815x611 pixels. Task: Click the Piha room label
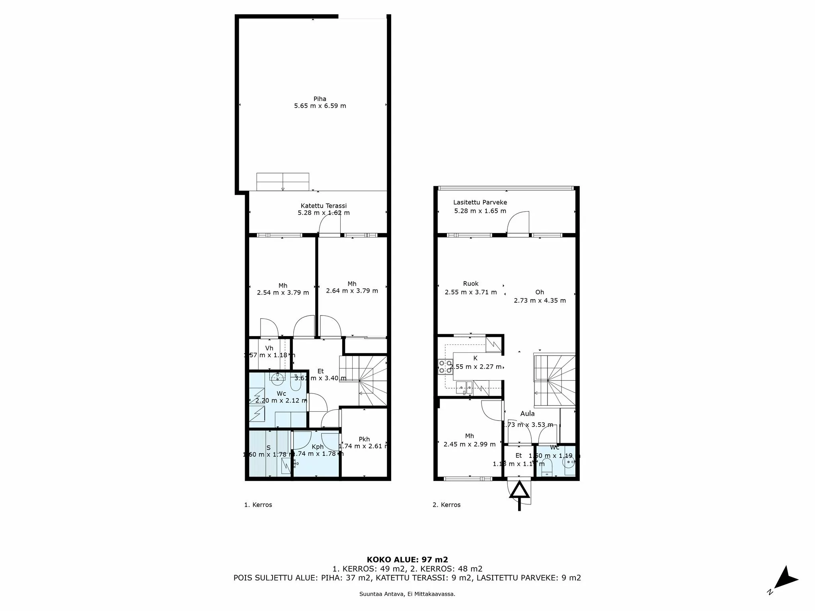coord(320,99)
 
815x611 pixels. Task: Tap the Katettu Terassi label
coord(324,206)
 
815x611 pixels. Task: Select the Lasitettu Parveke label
coord(480,202)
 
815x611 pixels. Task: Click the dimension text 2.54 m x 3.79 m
coord(283,293)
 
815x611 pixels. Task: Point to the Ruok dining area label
coord(471,284)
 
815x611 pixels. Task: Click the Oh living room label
coord(539,292)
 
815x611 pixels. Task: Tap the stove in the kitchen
coord(445,366)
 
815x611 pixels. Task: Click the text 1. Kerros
coord(258,505)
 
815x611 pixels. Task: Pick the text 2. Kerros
coord(446,505)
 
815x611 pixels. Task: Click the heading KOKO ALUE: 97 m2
coord(407,560)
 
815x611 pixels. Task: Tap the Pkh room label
coord(364,439)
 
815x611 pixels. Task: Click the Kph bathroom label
coord(317,447)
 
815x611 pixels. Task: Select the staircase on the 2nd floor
coord(554,380)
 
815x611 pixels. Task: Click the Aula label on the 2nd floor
coord(527,414)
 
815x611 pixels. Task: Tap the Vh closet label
coord(269,348)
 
